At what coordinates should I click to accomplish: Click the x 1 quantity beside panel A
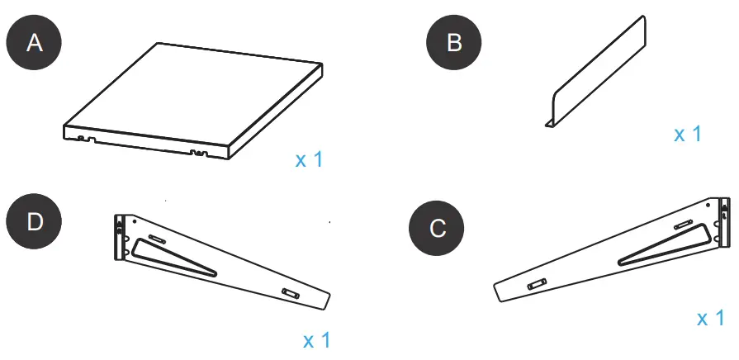(x=309, y=159)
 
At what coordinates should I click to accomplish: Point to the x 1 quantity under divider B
(x=687, y=134)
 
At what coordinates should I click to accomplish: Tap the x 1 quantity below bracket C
(x=710, y=319)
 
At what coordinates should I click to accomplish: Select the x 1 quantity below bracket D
(x=317, y=339)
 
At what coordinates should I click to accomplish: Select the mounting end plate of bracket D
(x=120, y=235)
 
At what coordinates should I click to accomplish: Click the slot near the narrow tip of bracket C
(x=535, y=283)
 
